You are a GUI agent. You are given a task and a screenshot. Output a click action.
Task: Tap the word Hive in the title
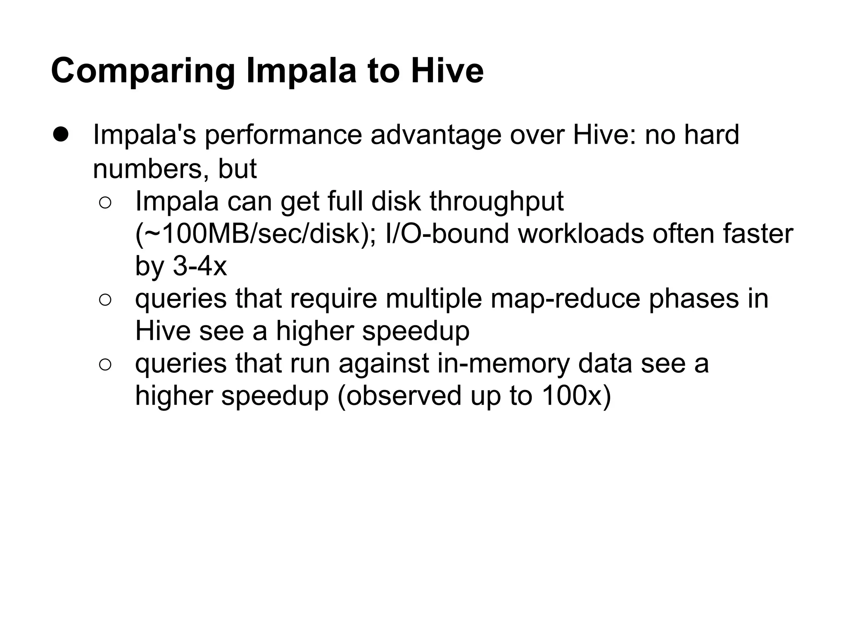(447, 71)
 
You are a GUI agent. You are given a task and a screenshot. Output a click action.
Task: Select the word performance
(283, 135)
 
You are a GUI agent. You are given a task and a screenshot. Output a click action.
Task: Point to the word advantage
(436, 135)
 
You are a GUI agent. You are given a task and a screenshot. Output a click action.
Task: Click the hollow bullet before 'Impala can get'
(105, 203)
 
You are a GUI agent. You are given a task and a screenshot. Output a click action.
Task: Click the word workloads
(580, 234)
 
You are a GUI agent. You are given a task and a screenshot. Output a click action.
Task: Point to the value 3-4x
(200, 266)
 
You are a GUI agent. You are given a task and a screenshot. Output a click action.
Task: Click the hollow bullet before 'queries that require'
(105, 300)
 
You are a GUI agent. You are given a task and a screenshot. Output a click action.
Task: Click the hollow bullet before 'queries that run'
(105, 364)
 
